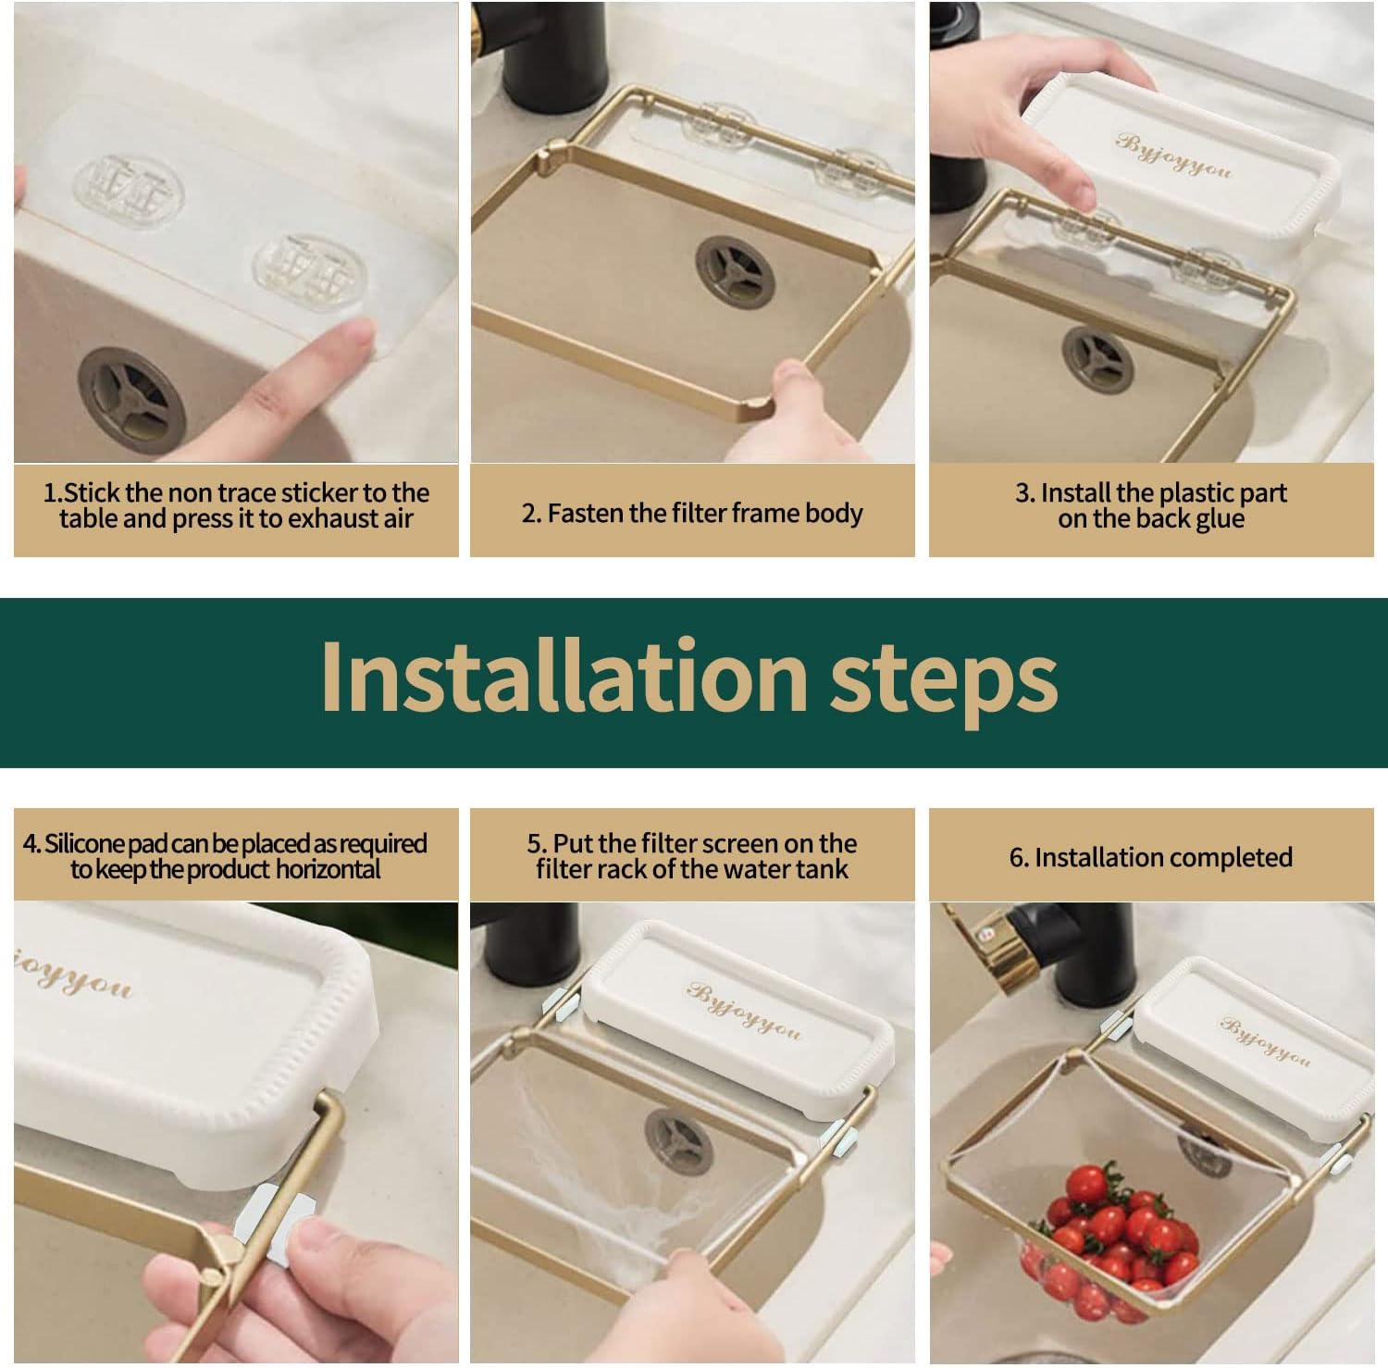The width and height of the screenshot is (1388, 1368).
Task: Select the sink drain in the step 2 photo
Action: [735, 272]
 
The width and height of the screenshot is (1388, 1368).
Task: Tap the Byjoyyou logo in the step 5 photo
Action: [743, 1012]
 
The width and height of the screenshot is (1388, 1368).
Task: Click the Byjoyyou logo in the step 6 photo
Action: [1264, 1040]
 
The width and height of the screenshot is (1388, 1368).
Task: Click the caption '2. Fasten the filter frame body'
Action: [691, 513]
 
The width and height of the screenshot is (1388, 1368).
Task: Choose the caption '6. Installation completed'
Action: [1150, 857]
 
